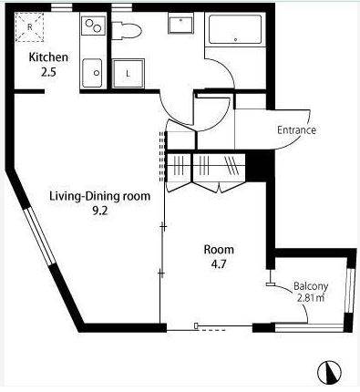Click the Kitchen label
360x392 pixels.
[x=48, y=57]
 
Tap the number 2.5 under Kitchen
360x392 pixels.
[x=48, y=72]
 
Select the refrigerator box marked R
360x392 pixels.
[x=30, y=27]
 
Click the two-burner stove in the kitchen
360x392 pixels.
[x=93, y=26]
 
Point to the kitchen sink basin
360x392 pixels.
[x=92, y=73]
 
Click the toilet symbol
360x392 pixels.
[x=127, y=30]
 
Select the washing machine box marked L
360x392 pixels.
[x=128, y=74]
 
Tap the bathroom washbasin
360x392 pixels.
[x=180, y=25]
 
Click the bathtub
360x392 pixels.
[x=235, y=29]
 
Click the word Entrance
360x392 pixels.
[x=296, y=130]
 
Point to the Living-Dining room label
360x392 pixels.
[x=99, y=196]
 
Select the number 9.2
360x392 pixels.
[x=100, y=211]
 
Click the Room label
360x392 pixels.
[x=219, y=250]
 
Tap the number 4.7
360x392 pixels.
[x=219, y=264]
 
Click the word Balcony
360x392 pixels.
[x=311, y=286]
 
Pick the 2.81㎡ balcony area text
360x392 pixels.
[x=310, y=298]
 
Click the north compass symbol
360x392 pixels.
[x=330, y=372]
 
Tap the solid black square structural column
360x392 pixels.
[x=256, y=167]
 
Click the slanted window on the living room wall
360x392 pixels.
[x=39, y=236]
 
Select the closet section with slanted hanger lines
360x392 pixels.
[x=232, y=166]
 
